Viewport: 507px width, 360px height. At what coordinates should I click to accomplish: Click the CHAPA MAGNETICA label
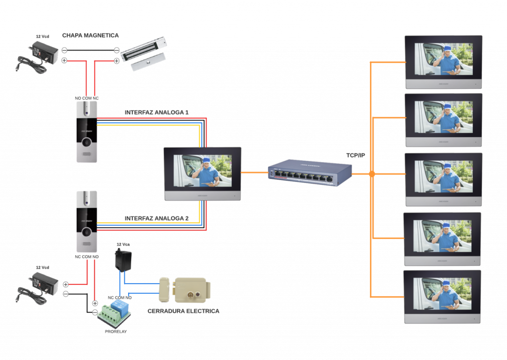91,36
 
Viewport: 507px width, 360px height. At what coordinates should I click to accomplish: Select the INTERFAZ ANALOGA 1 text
156,112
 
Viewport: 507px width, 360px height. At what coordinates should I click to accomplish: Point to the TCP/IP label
355,155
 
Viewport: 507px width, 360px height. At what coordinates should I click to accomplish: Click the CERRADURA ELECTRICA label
183,311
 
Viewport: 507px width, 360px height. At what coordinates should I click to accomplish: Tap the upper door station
87,132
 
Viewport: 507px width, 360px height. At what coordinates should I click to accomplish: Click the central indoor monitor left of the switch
203,173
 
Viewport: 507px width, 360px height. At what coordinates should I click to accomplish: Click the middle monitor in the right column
443,179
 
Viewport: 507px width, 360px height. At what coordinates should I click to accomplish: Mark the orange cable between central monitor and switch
254,173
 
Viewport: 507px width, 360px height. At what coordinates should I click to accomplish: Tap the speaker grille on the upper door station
87,154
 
